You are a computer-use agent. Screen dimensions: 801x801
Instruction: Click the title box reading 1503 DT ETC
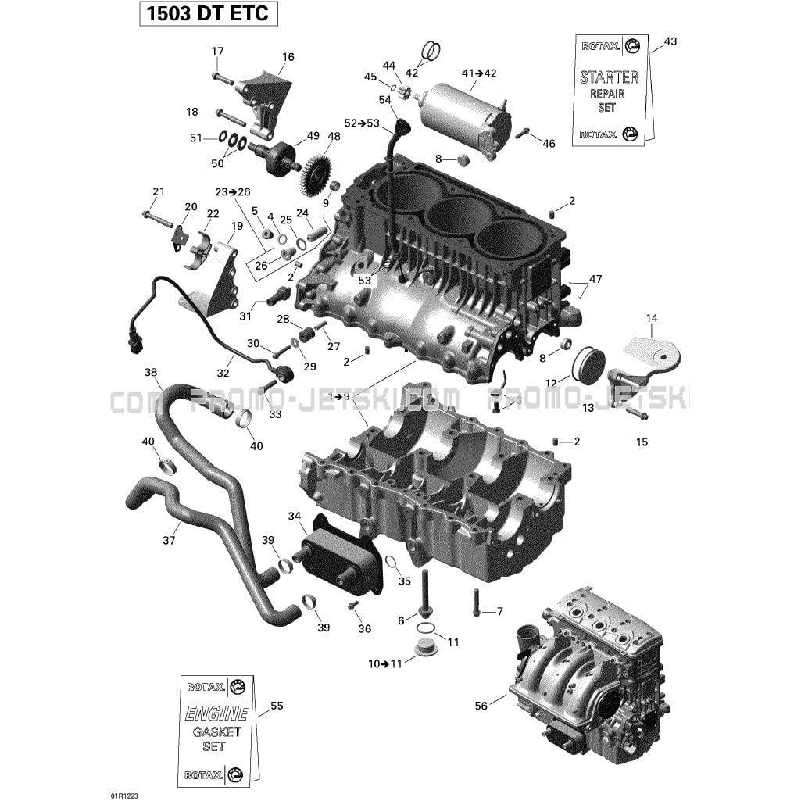(x=209, y=13)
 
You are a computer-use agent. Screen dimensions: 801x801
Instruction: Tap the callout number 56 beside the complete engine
(x=481, y=706)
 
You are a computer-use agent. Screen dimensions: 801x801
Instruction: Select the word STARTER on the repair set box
(x=608, y=77)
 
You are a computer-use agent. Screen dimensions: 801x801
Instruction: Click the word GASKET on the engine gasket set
(x=216, y=731)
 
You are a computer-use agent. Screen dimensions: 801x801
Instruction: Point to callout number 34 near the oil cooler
(x=294, y=517)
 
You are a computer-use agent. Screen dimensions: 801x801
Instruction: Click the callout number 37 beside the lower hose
(x=169, y=539)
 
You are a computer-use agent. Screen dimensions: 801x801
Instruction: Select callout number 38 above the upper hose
(x=151, y=372)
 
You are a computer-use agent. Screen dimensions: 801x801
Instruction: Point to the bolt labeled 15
(x=636, y=413)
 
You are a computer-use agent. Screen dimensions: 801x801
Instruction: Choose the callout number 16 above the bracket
(x=288, y=57)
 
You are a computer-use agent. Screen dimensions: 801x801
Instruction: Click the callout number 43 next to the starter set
(x=670, y=41)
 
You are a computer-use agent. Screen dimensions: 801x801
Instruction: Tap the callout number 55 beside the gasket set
(x=276, y=706)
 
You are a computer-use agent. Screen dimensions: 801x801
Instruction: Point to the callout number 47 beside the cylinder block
(x=595, y=279)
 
